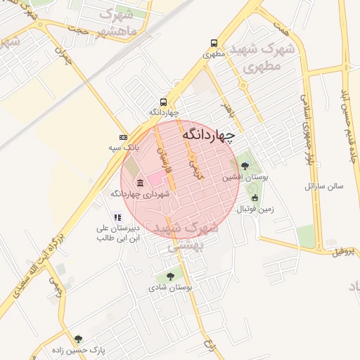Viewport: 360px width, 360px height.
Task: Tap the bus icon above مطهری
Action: pyautogui.click(x=212, y=42)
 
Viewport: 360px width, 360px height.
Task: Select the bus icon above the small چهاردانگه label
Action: pyautogui.click(x=164, y=101)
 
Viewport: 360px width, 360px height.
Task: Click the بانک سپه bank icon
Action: pyautogui.click(x=124, y=137)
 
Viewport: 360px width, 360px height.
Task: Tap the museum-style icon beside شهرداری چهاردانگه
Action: pyautogui.click(x=139, y=184)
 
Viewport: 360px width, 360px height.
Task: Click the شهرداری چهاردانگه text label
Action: pyautogui.click(x=140, y=194)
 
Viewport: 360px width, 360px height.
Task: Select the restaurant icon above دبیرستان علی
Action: pyautogui.click(x=118, y=218)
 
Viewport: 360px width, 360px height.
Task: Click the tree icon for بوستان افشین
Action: pyautogui.click(x=245, y=166)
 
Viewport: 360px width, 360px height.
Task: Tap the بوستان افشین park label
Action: pyautogui.click(x=242, y=177)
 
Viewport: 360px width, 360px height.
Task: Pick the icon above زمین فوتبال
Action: pyautogui.click(x=255, y=198)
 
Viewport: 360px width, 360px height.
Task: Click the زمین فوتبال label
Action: pyautogui.click(x=255, y=209)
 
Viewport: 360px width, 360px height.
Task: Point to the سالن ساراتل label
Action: pyautogui.click(x=323, y=186)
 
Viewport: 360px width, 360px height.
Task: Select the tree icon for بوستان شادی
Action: pyautogui.click(x=170, y=276)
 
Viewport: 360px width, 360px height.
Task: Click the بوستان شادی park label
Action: pyautogui.click(x=170, y=288)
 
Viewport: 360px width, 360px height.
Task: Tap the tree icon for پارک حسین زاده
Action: pyautogui.click(x=78, y=338)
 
